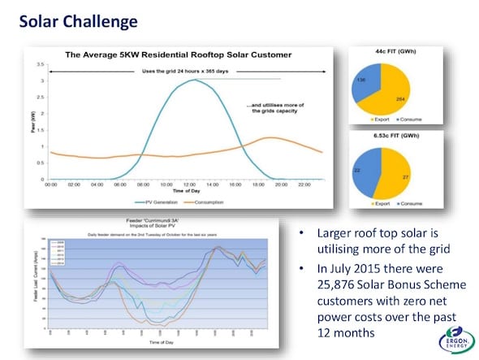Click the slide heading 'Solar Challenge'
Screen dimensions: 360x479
(78, 20)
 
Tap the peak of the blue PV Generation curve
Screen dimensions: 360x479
(190, 80)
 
